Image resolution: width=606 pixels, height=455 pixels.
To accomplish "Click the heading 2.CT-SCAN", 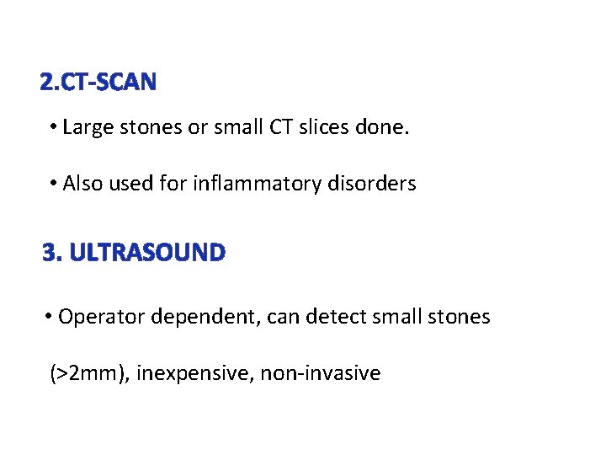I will click(x=98, y=82).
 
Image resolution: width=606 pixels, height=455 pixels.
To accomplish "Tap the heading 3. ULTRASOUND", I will click(x=134, y=252).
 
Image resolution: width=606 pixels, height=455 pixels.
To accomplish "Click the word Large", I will click(x=86, y=128).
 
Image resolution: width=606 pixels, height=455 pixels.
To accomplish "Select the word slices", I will click(x=321, y=128).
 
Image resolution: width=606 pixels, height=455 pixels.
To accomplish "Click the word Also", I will click(x=83, y=183).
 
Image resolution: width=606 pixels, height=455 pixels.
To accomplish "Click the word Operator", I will click(x=97, y=318).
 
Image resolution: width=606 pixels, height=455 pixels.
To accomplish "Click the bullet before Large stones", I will click(x=53, y=128).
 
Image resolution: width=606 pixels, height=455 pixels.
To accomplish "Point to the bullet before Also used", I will click(x=53, y=183).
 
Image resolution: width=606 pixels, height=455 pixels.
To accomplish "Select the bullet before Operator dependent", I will click(x=50, y=318).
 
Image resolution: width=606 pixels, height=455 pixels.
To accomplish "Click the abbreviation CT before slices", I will click(x=279, y=128).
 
